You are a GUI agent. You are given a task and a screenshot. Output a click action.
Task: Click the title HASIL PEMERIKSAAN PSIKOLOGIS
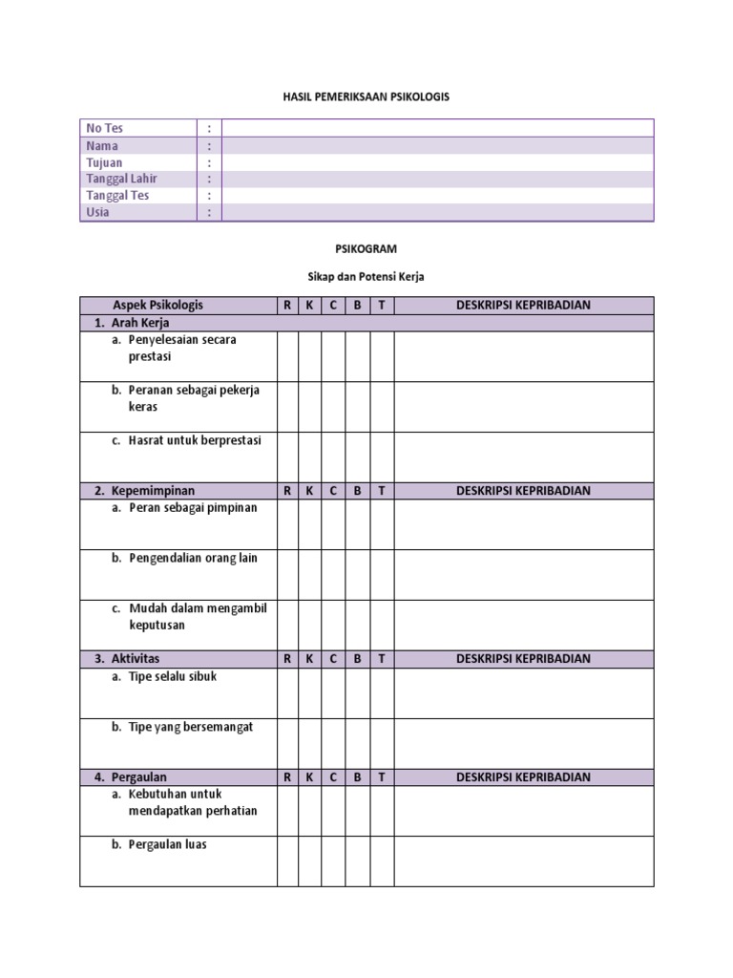coord(366,97)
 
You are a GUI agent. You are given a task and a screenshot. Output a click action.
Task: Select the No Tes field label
coord(105,128)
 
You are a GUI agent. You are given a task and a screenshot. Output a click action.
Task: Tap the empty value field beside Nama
coord(437,145)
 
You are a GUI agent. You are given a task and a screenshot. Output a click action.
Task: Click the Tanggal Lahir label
coord(122,179)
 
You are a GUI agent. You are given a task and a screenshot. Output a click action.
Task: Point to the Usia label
coord(98,212)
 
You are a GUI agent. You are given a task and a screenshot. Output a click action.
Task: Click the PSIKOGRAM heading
coord(366,248)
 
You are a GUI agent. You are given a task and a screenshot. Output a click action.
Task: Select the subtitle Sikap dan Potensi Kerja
coord(366,277)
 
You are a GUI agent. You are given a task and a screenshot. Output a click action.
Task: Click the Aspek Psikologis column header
coord(158,306)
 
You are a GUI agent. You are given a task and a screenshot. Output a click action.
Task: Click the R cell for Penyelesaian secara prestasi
coord(287,356)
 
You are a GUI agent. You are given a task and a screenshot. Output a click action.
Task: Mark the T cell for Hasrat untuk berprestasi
coord(382,457)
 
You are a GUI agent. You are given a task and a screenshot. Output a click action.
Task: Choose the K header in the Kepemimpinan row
coord(310,491)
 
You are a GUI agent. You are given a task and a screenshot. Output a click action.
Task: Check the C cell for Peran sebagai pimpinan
coord(333,524)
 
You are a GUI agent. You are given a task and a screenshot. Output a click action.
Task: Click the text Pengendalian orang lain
coord(194,558)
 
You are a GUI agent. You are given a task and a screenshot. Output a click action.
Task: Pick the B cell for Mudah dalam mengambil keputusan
coord(358,625)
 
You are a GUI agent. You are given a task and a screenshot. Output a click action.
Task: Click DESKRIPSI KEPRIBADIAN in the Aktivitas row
coord(523,659)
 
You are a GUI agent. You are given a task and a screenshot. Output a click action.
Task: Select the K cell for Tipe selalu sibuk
coord(310,692)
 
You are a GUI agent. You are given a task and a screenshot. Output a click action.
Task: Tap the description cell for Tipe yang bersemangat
coord(523,743)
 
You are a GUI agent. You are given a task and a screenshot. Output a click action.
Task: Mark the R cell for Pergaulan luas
coord(287,861)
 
